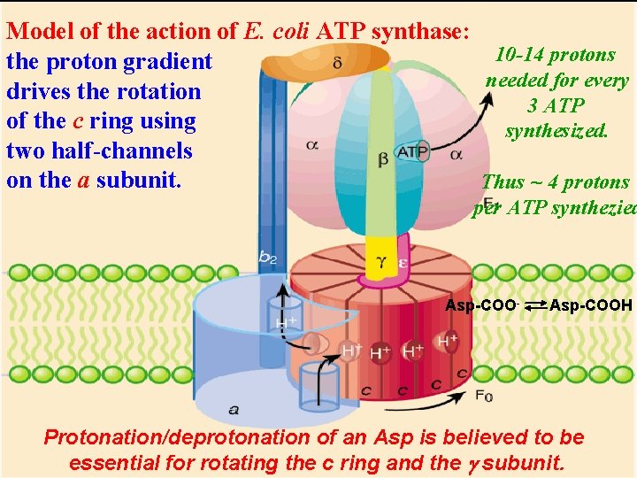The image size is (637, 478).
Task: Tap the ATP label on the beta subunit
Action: (412, 153)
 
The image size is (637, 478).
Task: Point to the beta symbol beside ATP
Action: (383, 160)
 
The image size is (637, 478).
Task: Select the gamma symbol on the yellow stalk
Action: (380, 262)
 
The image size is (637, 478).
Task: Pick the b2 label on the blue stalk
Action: (268, 257)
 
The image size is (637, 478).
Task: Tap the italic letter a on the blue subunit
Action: (234, 409)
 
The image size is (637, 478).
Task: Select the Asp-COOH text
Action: (591, 305)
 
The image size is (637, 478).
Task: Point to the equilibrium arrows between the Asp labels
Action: (527, 306)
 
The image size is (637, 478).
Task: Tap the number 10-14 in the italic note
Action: (518, 55)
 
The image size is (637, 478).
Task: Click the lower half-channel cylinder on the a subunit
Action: (313, 383)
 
